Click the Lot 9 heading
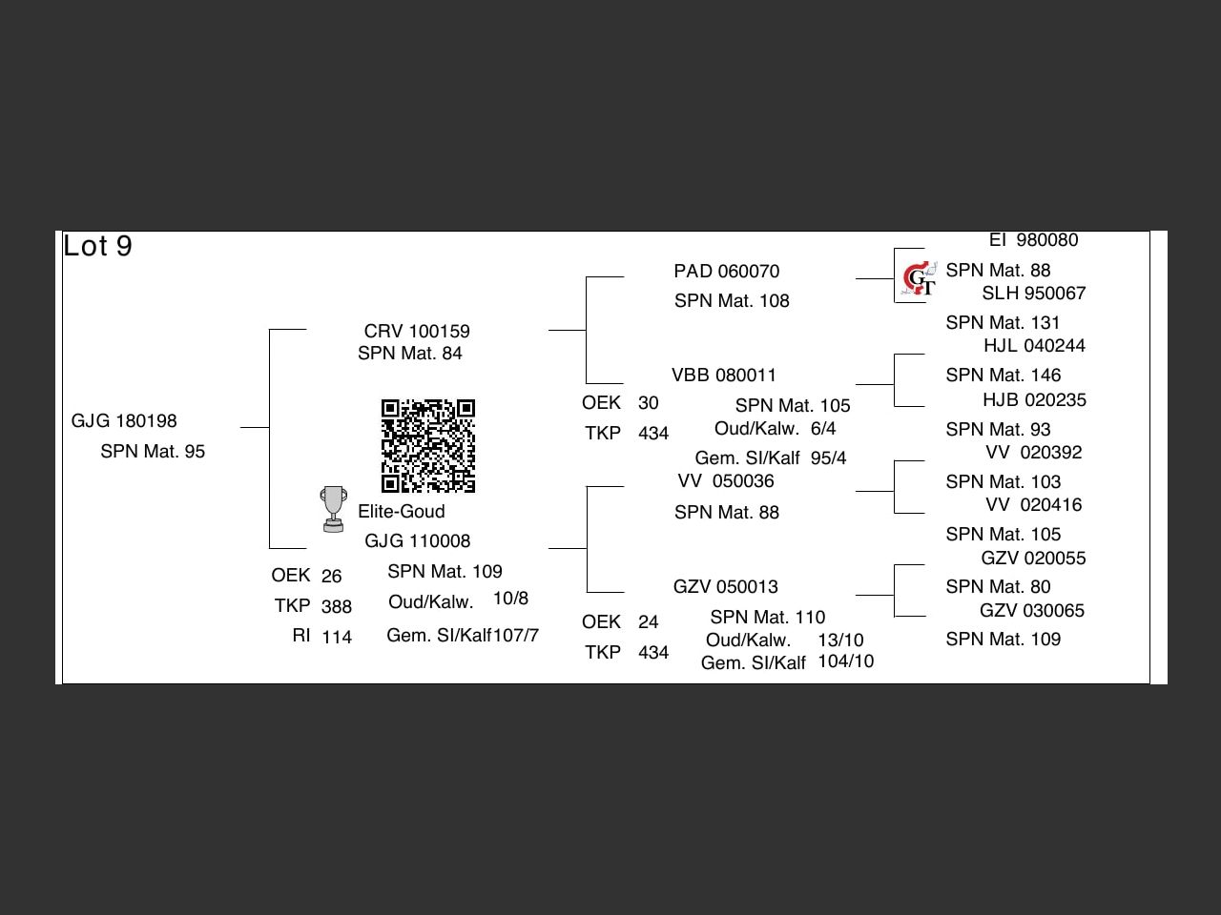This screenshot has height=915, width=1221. [97, 246]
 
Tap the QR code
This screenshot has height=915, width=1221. [428, 446]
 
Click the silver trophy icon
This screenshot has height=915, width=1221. [333, 509]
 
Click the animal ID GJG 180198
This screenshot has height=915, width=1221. [124, 421]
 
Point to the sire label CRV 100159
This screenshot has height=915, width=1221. [417, 332]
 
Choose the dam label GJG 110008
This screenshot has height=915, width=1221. [417, 541]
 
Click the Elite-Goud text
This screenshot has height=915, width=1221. [402, 512]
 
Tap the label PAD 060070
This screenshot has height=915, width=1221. [726, 272]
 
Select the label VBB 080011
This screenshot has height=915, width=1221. [724, 376]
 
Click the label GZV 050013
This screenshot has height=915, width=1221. [725, 587]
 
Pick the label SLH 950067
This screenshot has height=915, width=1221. [1033, 294]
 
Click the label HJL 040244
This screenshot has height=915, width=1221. [1034, 346]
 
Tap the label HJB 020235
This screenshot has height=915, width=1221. [1034, 400]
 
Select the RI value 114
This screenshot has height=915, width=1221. [337, 638]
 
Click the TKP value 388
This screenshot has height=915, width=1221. [337, 607]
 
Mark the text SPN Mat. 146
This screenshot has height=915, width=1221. [1003, 376]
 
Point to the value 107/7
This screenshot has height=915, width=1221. [516, 636]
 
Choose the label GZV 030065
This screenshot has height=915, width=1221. [1032, 611]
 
